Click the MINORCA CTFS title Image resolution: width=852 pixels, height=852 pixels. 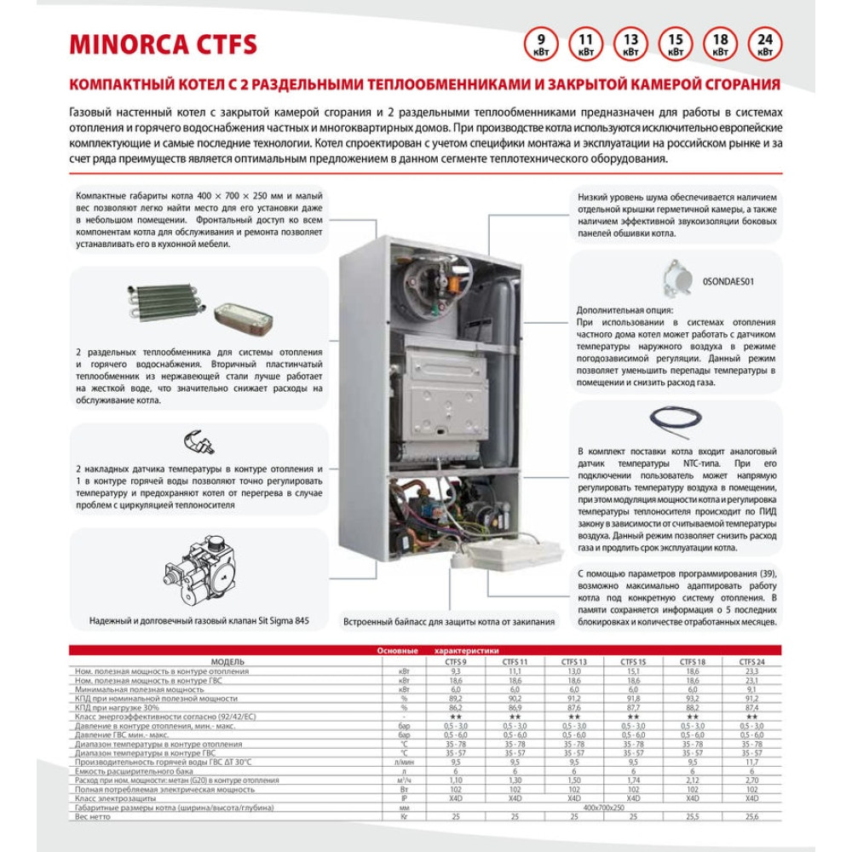[163, 44]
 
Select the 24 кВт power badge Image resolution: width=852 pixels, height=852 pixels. [764, 44]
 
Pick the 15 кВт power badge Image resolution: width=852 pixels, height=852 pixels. [675, 44]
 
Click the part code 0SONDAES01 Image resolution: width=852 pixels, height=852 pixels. [729, 279]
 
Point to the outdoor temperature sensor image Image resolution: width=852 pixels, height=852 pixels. [679, 278]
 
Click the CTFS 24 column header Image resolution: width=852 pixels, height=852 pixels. [751, 662]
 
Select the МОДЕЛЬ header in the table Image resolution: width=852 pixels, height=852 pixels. [227, 662]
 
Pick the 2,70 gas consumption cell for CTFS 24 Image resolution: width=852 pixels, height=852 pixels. [751, 780]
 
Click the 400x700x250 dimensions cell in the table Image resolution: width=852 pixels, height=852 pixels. [603, 807]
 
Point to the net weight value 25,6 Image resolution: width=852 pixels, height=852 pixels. [751, 816]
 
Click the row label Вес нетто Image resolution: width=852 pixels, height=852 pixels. [94, 816]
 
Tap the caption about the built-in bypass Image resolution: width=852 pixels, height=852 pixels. [448, 621]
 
